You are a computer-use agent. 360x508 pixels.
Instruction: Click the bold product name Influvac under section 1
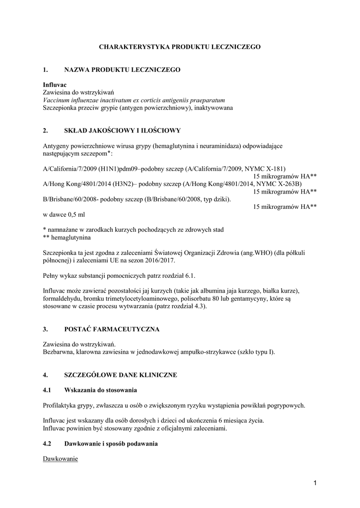[55, 85]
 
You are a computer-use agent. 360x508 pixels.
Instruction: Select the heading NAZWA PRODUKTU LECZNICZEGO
[122, 70]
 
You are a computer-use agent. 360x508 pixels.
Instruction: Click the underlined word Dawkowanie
[61, 459]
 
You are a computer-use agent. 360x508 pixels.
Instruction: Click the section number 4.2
[48, 444]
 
